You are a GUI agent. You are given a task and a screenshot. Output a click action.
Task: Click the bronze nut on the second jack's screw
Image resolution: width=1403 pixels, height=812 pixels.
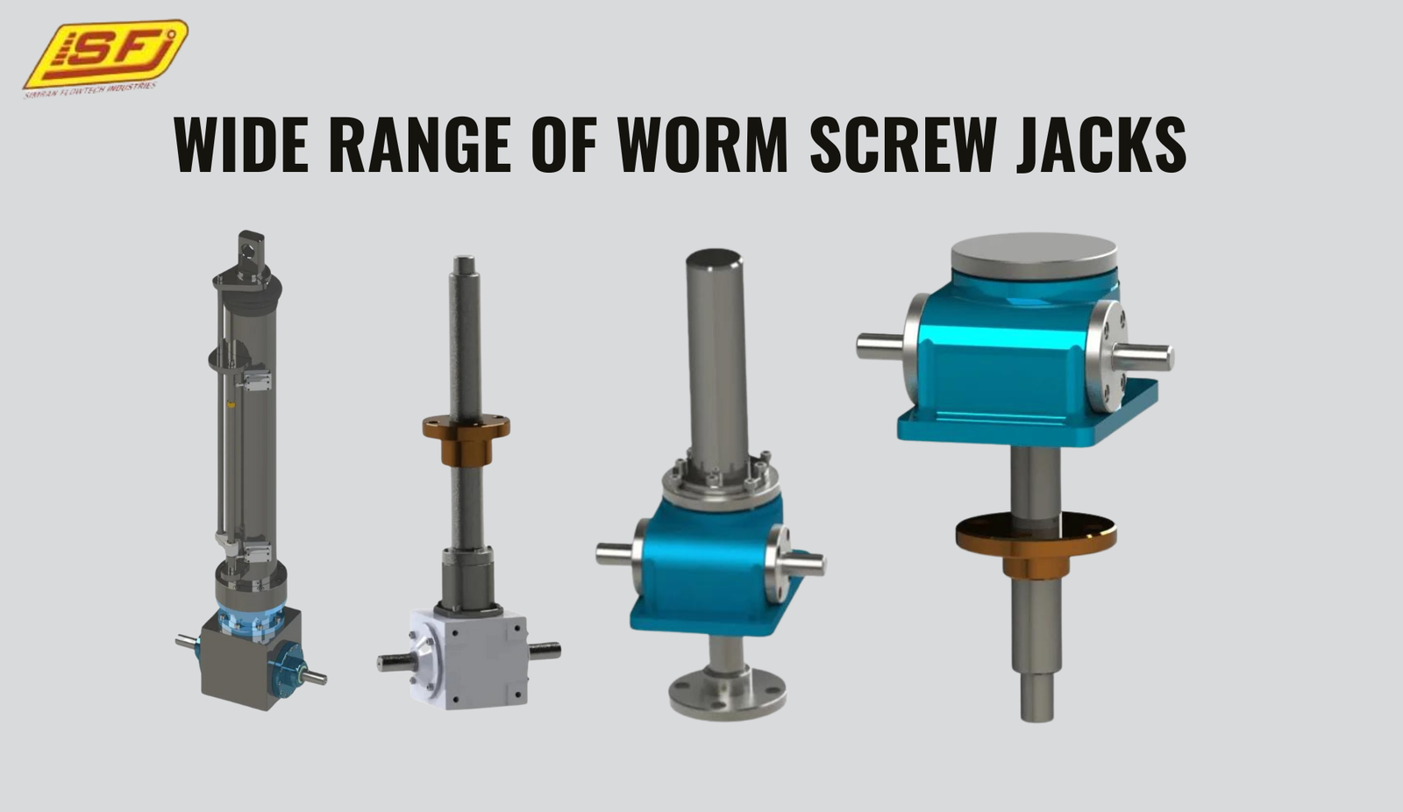466,438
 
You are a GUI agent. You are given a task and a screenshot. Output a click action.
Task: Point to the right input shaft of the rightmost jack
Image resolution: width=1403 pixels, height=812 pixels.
1144,356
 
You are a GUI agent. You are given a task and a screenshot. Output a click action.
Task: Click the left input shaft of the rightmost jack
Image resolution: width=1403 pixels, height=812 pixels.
880,345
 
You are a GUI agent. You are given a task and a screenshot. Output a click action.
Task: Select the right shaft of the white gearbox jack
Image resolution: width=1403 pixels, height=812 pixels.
545,651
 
